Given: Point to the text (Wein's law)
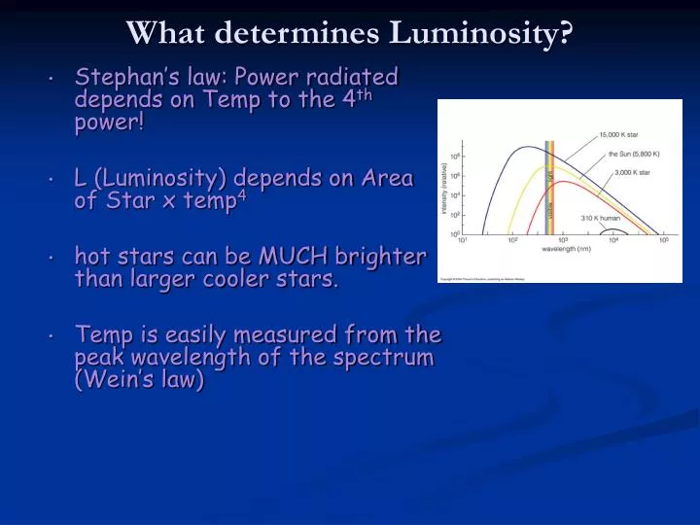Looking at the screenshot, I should click(x=140, y=380).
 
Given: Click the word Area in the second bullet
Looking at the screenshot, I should click(x=388, y=178).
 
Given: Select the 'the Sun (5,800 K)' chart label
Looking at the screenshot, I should click(x=636, y=155).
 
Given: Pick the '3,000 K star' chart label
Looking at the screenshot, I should click(x=631, y=173).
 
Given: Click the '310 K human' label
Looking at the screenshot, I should click(x=602, y=218).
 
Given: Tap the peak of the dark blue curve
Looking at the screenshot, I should click(x=526, y=148).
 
